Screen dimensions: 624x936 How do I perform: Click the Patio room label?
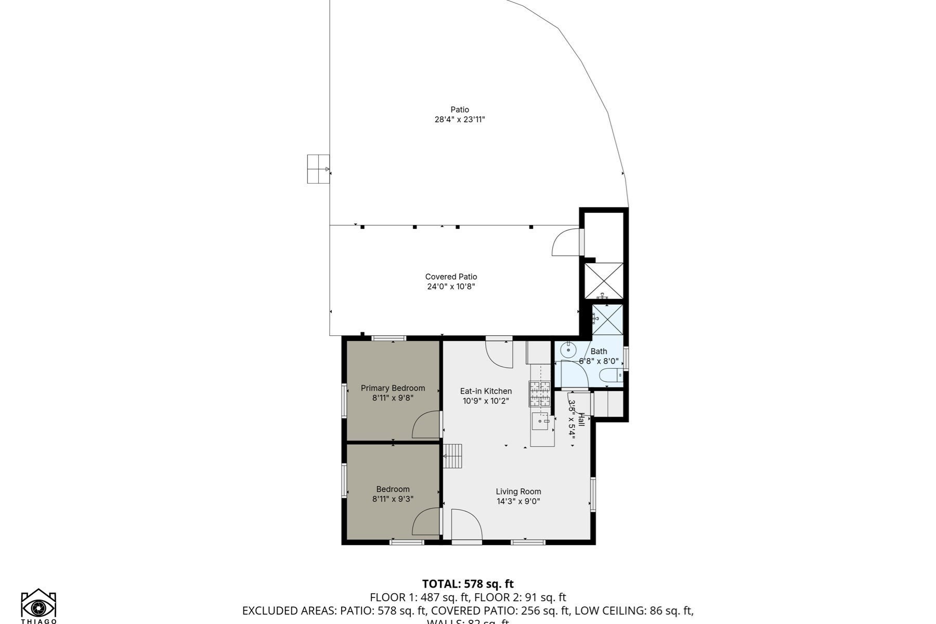pyautogui.click(x=460, y=110)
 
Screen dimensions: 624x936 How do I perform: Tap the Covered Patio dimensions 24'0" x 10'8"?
pyautogui.click(x=451, y=287)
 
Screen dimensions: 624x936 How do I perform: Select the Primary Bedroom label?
pyautogui.click(x=393, y=388)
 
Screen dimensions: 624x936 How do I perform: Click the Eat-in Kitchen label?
pyautogui.click(x=486, y=391)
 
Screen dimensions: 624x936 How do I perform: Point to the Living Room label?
pyautogui.click(x=518, y=491)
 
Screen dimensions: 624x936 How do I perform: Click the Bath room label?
pyautogui.click(x=599, y=352)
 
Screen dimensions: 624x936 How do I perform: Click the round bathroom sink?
pyautogui.click(x=569, y=350)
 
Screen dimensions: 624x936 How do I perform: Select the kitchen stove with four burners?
pyautogui.click(x=539, y=394)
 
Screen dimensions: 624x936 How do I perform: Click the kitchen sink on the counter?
pyautogui.click(x=540, y=421)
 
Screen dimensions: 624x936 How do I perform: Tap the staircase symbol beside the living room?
pyautogui.click(x=453, y=456)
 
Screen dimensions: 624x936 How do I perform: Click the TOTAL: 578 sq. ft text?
pyautogui.click(x=467, y=584)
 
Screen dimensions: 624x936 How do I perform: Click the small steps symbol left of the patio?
pyautogui.click(x=318, y=169)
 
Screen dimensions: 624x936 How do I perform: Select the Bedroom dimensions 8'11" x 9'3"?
pyautogui.click(x=393, y=499)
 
